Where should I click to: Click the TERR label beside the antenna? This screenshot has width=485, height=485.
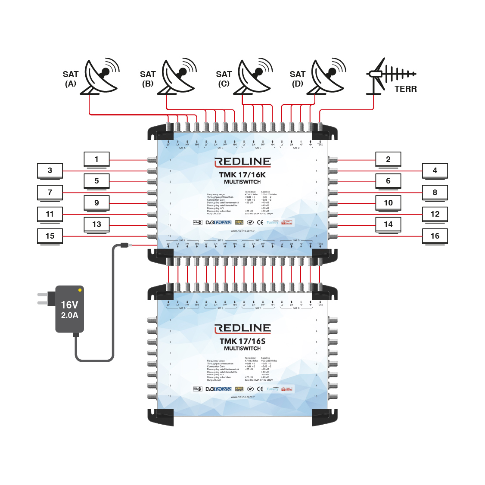[405, 89]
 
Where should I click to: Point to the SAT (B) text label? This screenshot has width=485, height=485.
[148, 79]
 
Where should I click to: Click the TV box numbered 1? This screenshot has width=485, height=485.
[96, 159]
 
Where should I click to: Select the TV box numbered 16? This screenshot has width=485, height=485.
[435, 236]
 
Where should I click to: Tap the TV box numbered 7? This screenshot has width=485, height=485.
[50, 193]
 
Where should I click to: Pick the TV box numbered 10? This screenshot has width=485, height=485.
[388, 203]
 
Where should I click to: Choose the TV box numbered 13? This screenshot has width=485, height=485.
[96, 224]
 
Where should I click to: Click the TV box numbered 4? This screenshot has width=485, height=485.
[435, 171]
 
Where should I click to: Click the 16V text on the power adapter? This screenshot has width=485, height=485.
[69, 305]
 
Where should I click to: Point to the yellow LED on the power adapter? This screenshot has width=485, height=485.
[80, 290]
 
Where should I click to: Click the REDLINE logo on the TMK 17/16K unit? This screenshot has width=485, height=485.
[242, 162]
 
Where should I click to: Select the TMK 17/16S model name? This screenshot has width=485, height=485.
[242, 341]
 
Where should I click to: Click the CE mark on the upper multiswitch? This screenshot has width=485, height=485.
[260, 223]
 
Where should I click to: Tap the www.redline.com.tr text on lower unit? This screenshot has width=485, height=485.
[242, 397]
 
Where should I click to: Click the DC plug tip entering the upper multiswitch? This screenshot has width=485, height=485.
[125, 245]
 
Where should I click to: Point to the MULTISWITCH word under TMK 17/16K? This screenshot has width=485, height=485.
[242, 182]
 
